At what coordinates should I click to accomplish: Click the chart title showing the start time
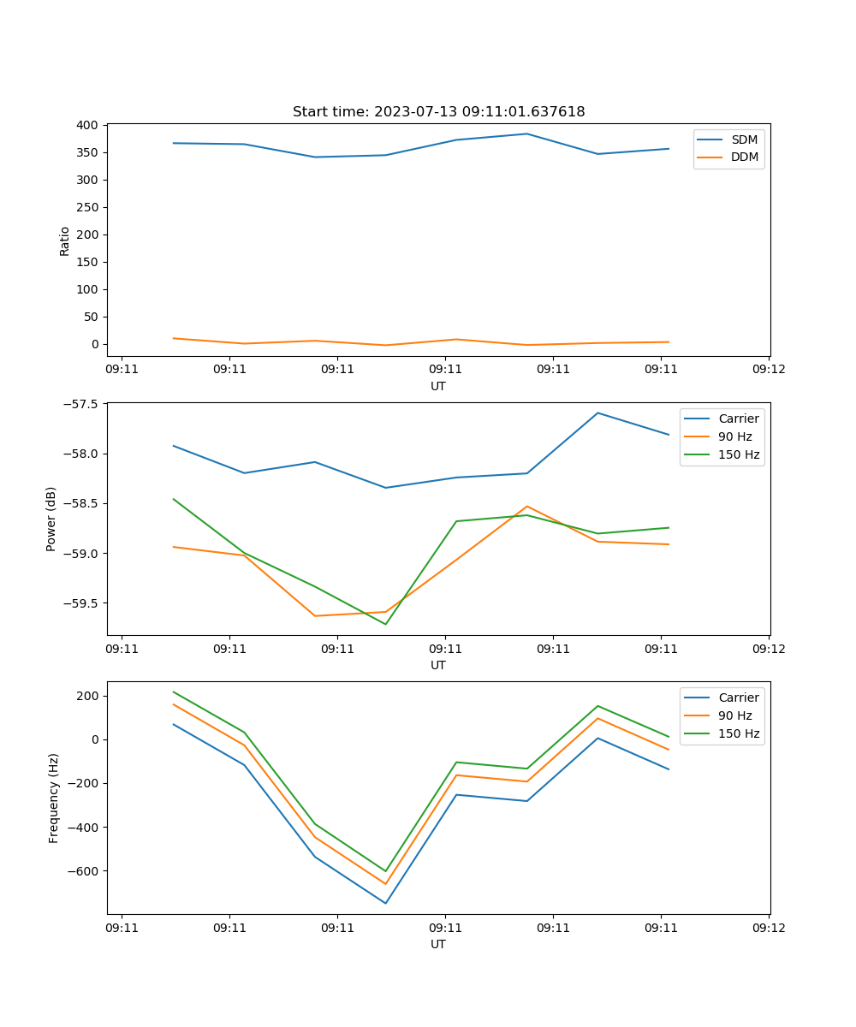(x=438, y=112)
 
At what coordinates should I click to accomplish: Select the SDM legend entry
(x=744, y=140)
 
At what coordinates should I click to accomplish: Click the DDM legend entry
(x=744, y=157)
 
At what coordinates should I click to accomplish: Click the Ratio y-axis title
(x=65, y=240)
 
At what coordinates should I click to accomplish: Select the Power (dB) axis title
(x=52, y=519)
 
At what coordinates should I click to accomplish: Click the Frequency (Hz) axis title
(x=54, y=798)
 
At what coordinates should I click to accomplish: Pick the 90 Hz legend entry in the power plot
(x=734, y=436)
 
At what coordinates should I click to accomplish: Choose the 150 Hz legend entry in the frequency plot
(x=739, y=733)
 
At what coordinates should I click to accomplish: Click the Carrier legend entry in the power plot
(x=738, y=419)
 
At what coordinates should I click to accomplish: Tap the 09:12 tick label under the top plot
(x=769, y=370)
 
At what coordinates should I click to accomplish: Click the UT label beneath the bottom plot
(x=438, y=944)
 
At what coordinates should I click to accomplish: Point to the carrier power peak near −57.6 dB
(x=597, y=413)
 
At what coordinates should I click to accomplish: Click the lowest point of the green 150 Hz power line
(x=385, y=624)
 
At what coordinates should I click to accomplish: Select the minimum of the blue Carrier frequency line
(x=385, y=903)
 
